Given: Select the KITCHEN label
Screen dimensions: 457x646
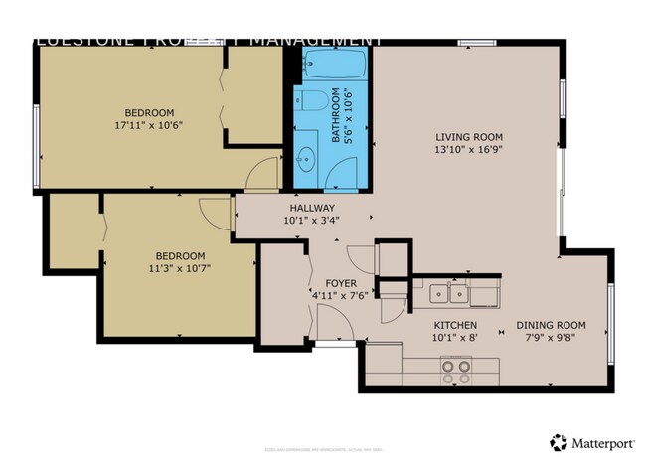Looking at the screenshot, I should [x=454, y=326].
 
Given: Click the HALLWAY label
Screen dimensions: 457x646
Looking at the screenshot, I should [x=312, y=208].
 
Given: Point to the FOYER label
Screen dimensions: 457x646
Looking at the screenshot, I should [x=327, y=283].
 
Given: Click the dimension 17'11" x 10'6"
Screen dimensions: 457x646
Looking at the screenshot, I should [x=149, y=126].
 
